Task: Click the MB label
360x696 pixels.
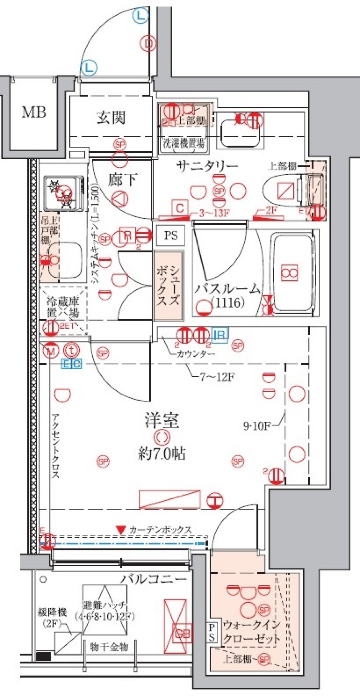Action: tap(34, 112)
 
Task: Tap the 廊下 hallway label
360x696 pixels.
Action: tap(122, 180)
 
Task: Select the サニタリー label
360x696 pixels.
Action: tap(207, 166)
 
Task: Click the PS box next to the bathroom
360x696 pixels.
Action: tap(171, 236)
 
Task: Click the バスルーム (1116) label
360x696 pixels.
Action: tap(226, 295)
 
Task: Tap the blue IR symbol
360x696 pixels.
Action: tap(220, 334)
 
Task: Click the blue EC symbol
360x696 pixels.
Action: tap(71, 364)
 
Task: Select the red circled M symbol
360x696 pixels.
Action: tap(51, 352)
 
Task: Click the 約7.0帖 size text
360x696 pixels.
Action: tap(162, 454)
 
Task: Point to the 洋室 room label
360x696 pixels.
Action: tap(162, 421)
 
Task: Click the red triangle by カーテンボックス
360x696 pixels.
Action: tap(120, 530)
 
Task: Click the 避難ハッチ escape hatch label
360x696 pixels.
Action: tap(105, 610)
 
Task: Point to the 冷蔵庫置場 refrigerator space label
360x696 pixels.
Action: tap(63, 307)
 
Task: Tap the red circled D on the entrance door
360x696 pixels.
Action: tap(149, 44)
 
